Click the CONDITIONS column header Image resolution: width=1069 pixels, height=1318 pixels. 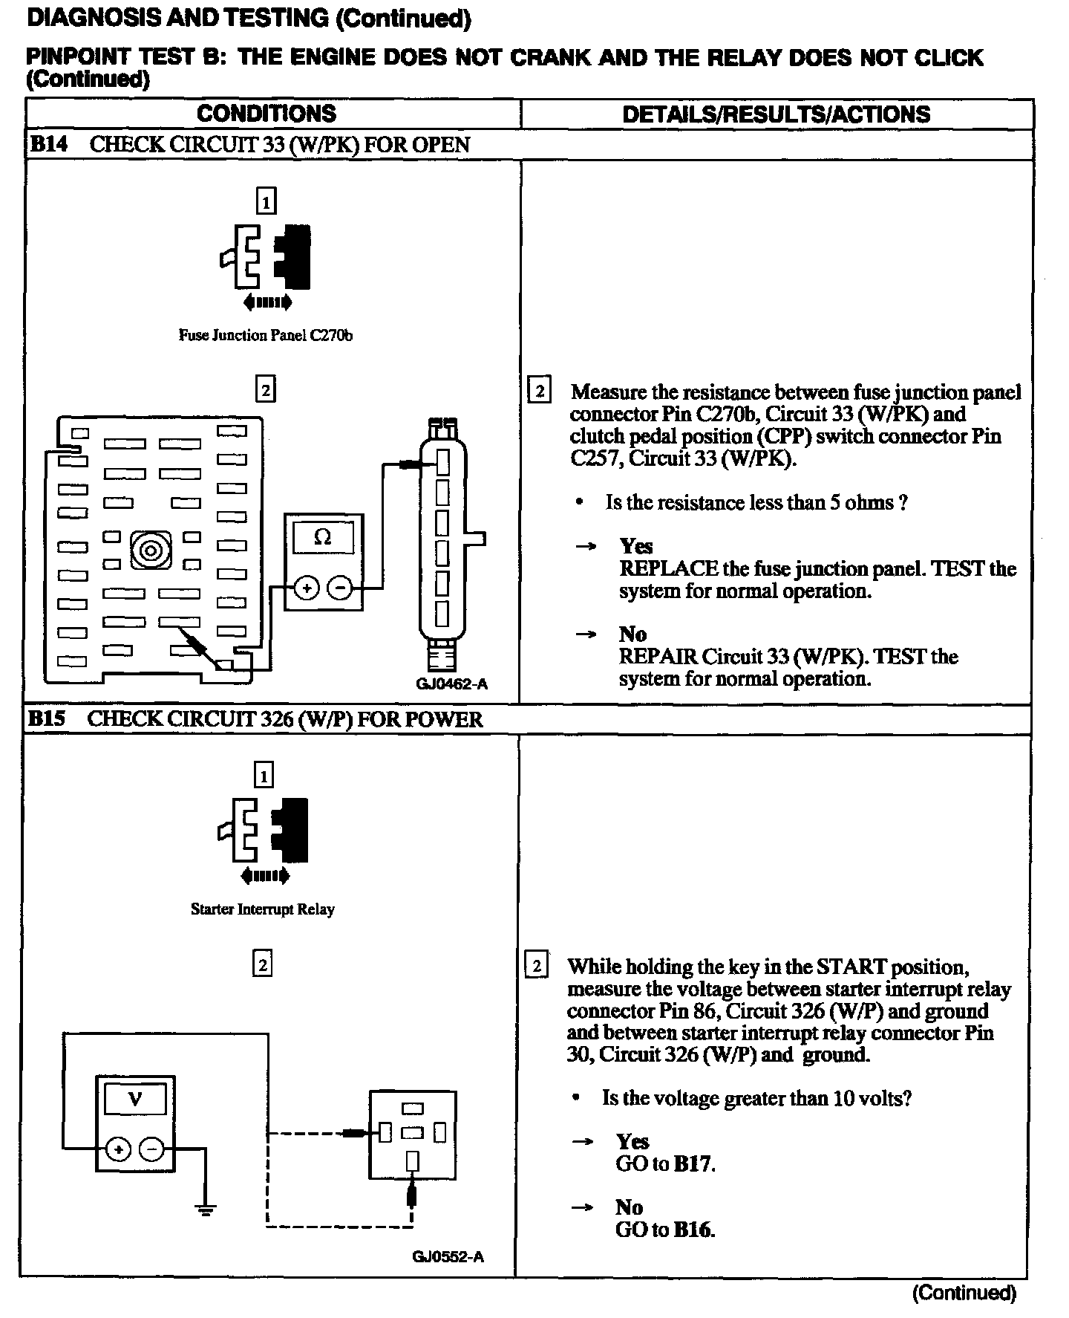pyautogui.click(x=267, y=114)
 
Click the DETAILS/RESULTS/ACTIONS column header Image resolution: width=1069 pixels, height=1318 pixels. pyautogui.click(x=776, y=114)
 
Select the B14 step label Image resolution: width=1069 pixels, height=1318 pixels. pyautogui.click(x=48, y=144)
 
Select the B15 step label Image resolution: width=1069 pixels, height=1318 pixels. pyautogui.click(x=47, y=718)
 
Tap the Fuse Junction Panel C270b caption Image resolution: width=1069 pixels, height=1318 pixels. pyautogui.click(x=265, y=335)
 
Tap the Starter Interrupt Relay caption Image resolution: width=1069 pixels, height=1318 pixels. pyautogui.click(x=262, y=909)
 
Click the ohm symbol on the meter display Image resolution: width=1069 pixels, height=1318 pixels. pyautogui.click(x=323, y=537)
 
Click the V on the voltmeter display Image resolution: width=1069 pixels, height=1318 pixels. pyautogui.click(x=135, y=1099)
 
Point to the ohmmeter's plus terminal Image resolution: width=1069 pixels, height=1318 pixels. pyautogui.click(x=307, y=588)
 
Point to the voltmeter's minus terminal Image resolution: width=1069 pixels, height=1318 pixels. pyautogui.click(x=151, y=1149)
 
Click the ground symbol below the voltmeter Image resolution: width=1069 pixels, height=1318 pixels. pyautogui.click(x=206, y=1208)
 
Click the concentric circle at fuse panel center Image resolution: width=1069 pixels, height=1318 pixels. pyautogui.click(x=151, y=551)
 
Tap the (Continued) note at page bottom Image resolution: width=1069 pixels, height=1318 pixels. pyautogui.click(x=964, y=1293)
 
